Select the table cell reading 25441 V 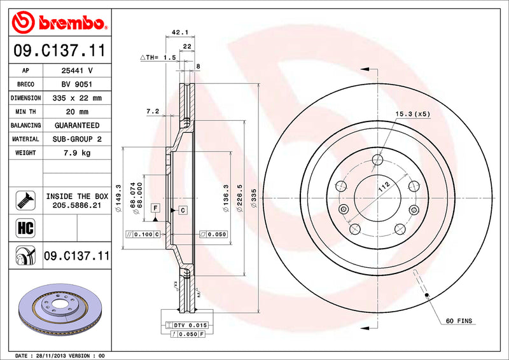click(76, 70)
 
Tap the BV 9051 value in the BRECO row click(76, 84)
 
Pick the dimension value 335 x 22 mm click(76, 98)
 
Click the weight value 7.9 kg click(76, 153)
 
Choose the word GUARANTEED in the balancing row click(76, 125)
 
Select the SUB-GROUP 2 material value click(76, 139)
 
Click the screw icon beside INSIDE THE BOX click(21, 201)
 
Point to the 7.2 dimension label click(152, 111)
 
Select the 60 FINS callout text click(459, 321)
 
